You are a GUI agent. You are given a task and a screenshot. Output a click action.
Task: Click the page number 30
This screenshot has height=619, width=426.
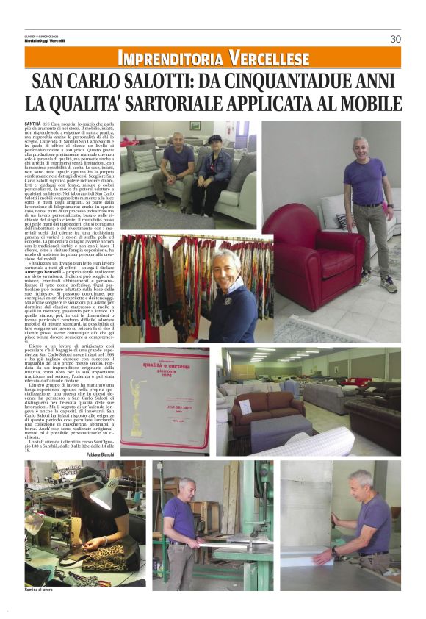tap(395, 39)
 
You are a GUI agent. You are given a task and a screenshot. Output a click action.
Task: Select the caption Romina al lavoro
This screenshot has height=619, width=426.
tap(41, 590)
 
